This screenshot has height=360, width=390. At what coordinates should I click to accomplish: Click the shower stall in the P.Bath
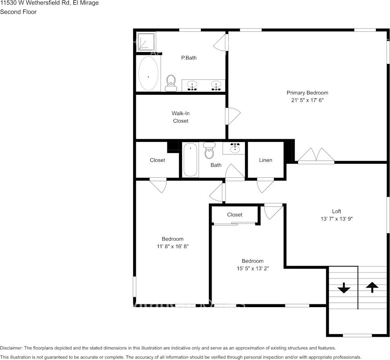146,41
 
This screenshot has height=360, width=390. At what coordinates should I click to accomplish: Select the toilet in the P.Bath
171,83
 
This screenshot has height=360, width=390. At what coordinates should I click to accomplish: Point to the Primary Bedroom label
307,92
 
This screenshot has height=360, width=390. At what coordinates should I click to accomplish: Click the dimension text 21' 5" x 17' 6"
307,100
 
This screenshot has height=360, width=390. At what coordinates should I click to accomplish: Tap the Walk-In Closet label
180,117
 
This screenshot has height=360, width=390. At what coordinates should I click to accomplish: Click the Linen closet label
266,160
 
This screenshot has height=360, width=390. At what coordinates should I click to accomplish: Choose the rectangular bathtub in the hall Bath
190,159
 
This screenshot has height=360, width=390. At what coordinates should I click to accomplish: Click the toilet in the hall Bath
209,151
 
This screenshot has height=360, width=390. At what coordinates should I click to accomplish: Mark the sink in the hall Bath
235,148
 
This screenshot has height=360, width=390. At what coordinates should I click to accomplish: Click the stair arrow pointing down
344,288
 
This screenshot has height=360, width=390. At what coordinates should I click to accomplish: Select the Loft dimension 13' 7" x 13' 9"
336,219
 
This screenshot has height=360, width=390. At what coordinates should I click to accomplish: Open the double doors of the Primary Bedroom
316,156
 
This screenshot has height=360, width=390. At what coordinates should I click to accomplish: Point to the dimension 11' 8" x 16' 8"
172,246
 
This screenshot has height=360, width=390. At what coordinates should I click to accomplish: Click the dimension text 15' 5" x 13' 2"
253,268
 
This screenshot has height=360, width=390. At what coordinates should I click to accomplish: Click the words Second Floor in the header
18,12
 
